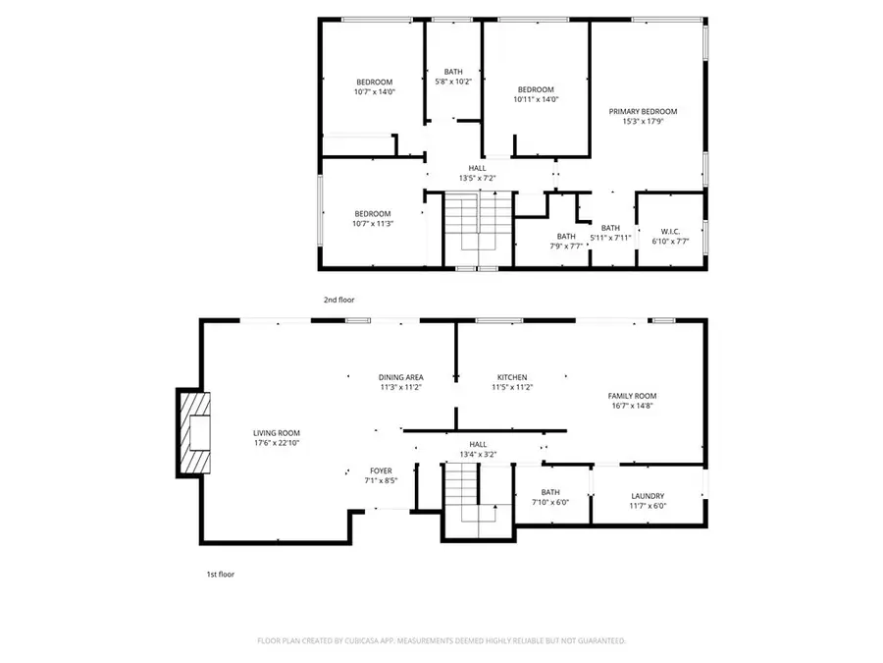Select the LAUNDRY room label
click(648, 496)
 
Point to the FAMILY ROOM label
click(632, 395)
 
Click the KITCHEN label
click(512, 377)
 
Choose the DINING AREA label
click(400, 377)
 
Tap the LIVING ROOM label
click(277, 433)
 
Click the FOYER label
click(381, 471)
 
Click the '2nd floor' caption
click(338, 299)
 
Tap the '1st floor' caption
click(219, 574)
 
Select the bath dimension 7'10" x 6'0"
click(550, 503)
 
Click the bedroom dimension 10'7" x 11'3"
click(373, 224)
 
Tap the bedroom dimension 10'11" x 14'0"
click(536, 99)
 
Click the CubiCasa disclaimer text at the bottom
click(441, 640)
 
